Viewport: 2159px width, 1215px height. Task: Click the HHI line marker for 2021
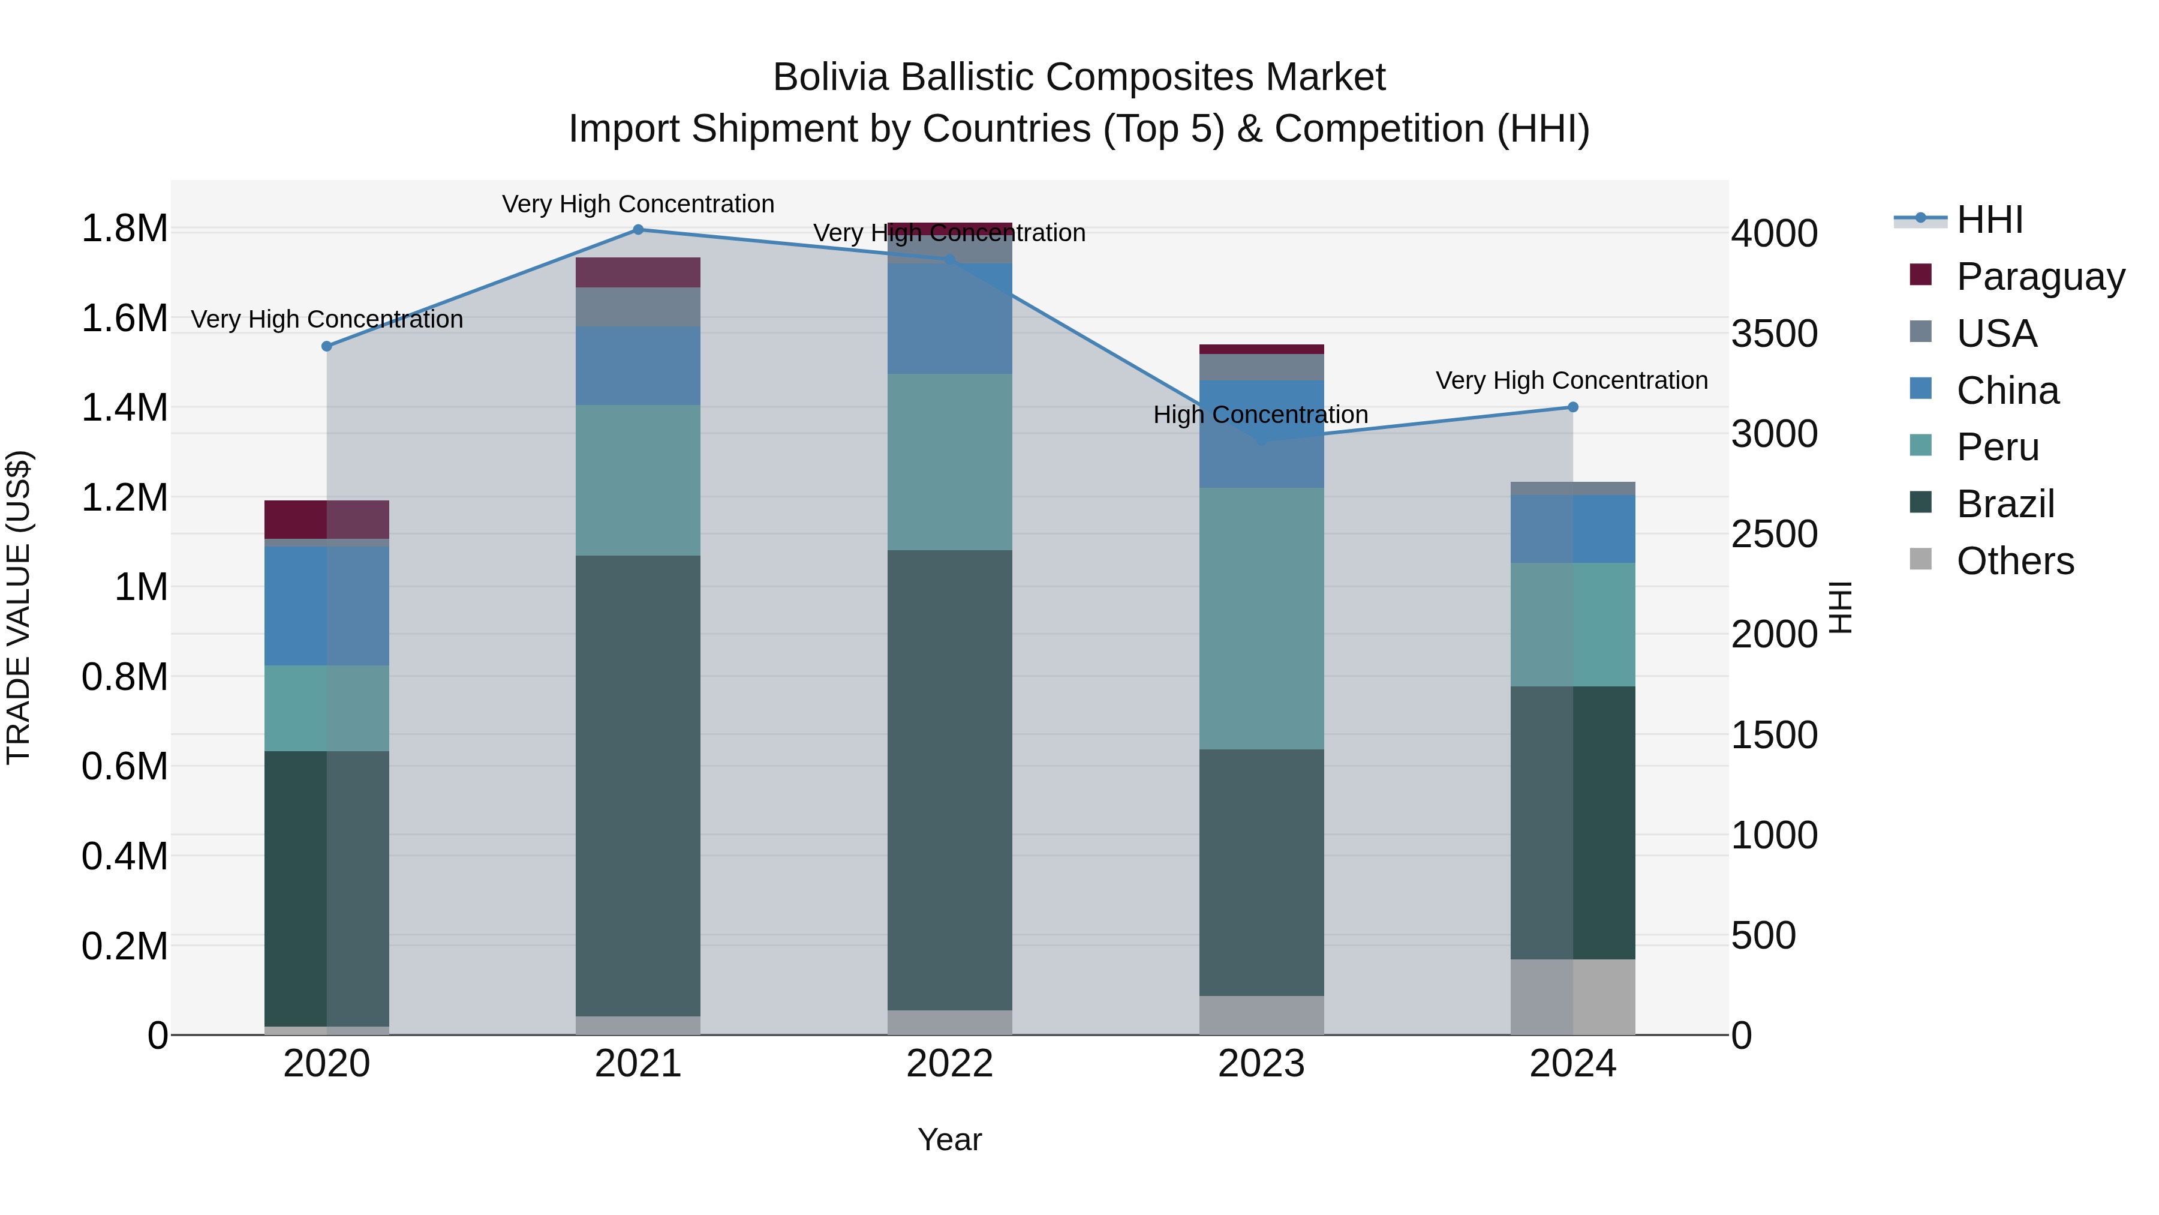click(x=638, y=230)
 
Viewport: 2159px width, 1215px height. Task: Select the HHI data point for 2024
click(x=1572, y=407)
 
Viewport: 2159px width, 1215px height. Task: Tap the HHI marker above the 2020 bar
click(x=327, y=346)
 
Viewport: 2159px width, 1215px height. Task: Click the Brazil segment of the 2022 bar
click(x=949, y=780)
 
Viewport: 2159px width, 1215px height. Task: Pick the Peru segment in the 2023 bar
click(x=1261, y=618)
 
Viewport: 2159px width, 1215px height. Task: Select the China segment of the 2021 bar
click(x=638, y=365)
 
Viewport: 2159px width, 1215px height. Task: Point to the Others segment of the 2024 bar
click(x=1572, y=997)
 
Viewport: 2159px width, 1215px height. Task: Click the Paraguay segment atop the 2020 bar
click(x=327, y=519)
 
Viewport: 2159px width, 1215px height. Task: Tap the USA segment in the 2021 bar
click(x=638, y=307)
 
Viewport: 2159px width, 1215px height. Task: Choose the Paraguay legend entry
click(x=2040, y=277)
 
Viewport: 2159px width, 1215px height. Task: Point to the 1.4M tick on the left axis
click(x=124, y=409)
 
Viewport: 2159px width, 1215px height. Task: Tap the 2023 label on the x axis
click(x=1261, y=1064)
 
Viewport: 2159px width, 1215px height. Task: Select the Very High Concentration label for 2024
click(x=1571, y=380)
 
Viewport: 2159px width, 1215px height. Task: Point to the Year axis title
click(x=949, y=1139)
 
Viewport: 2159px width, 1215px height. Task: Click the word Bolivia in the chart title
click(x=830, y=77)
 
